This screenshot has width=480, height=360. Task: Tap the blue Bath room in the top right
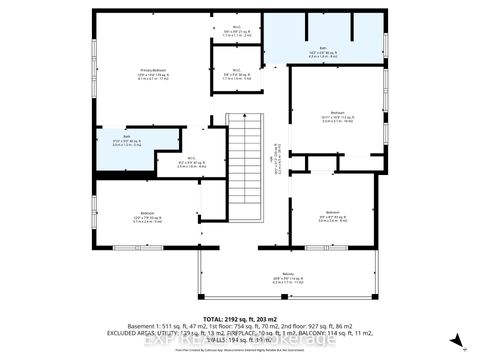click(324, 40)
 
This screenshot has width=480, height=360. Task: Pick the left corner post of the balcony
click(199, 299)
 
